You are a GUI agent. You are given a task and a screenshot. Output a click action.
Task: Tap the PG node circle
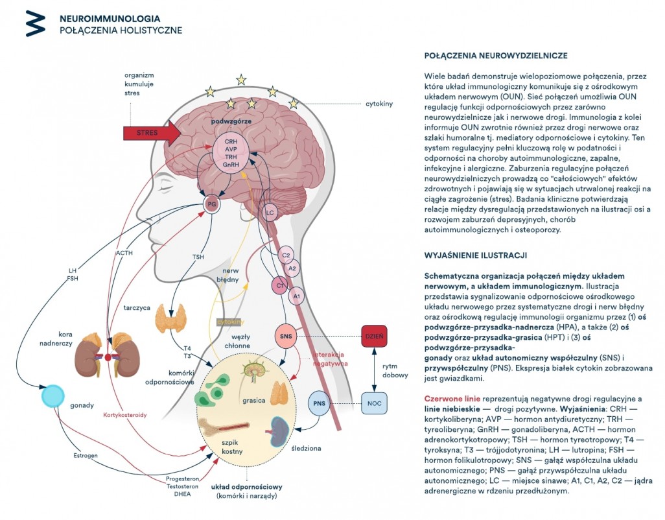click(x=212, y=204)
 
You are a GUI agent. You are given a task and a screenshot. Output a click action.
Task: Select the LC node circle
click(x=270, y=213)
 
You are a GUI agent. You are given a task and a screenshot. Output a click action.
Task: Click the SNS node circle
click(x=286, y=337)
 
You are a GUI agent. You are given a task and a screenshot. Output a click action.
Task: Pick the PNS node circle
click(x=319, y=403)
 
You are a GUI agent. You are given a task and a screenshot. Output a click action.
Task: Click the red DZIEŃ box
click(x=374, y=337)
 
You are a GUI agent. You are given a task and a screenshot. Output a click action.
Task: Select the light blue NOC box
click(x=374, y=403)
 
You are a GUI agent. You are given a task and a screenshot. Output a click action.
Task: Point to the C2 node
click(x=286, y=255)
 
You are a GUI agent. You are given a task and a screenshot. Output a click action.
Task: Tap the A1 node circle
click(x=296, y=296)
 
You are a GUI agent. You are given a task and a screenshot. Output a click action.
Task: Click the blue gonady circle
click(x=53, y=396)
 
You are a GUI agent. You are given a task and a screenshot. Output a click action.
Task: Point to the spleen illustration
click(x=280, y=431)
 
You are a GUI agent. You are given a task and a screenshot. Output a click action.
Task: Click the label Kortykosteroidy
click(x=124, y=415)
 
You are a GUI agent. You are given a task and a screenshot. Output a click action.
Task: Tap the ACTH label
click(x=124, y=253)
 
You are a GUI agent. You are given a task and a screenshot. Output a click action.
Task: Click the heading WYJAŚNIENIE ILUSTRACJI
click(x=476, y=255)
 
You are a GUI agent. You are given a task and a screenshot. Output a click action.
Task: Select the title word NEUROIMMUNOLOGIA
click(x=110, y=19)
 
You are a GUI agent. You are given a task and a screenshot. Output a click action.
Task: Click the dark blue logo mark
click(x=35, y=23)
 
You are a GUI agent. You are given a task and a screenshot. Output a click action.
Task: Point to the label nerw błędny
click(x=227, y=275)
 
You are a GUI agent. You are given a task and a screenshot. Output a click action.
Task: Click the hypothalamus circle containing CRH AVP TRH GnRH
click(x=231, y=153)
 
